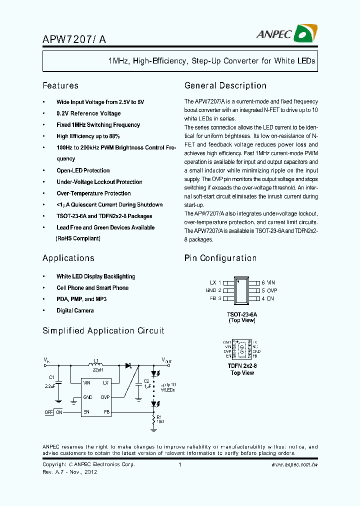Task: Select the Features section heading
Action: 60,85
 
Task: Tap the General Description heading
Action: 225,85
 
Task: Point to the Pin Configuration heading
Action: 220,258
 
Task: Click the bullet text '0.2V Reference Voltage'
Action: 88,113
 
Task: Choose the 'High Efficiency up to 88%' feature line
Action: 88,136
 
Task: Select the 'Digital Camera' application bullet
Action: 75,310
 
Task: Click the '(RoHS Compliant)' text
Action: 78,238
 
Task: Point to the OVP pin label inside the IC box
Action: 105,397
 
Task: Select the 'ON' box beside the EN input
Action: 59,412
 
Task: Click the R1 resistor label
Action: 160,416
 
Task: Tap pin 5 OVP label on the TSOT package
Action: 269,290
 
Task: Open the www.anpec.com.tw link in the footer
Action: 294,465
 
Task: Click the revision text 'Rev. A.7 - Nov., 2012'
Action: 69,472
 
